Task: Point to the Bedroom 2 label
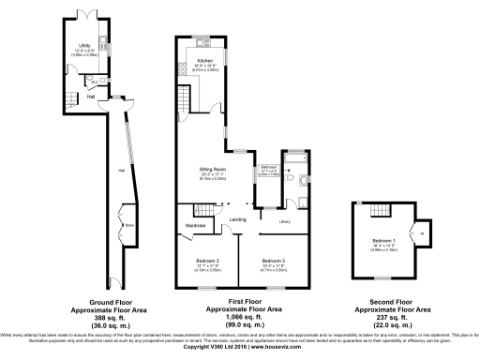pyautogui.click(x=207, y=260)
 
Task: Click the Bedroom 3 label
pyautogui.click(x=273, y=260)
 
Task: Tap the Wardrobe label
pyautogui.click(x=195, y=225)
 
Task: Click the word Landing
pyautogui.click(x=237, y=219)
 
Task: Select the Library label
pyautogui.click(x=284, y=221)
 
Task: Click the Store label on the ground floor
pyautogui.click(x=129, y=225)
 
